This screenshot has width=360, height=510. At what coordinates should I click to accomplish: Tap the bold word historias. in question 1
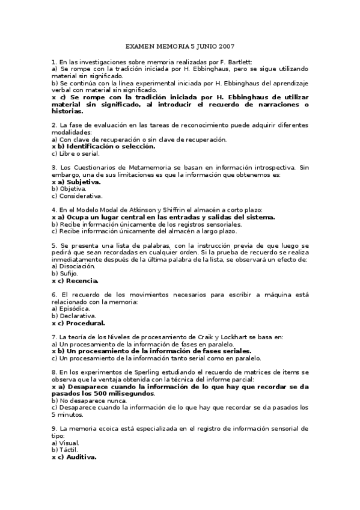67,111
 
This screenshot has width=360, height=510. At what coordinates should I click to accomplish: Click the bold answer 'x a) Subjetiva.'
76,181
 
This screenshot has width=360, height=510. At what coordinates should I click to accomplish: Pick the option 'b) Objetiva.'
69,188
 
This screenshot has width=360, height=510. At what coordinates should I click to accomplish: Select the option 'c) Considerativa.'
77,195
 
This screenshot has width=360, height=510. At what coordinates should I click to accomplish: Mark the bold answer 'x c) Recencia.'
75,280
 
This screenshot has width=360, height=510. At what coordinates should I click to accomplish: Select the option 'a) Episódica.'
72,309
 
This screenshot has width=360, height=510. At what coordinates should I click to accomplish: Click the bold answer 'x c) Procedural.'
79,323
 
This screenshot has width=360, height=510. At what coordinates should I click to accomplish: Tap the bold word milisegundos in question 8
127,393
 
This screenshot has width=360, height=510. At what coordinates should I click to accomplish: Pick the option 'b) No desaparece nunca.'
85,401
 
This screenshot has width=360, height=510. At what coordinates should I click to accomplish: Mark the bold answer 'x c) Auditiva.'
75,457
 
